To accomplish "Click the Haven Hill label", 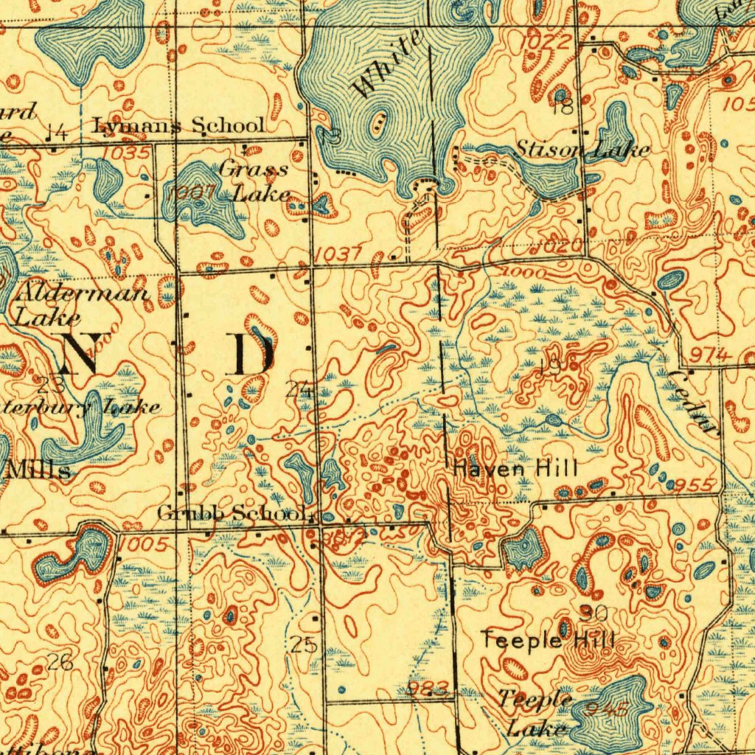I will (515, 467).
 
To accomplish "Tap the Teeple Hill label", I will (547, 639).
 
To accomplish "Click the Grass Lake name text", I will (254, 181).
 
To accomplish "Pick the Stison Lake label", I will (582, 150).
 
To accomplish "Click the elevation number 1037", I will (337, 254).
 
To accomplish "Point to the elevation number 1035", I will (127, 153).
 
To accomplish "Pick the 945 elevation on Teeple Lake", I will (609, 710).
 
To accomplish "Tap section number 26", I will (60, 662).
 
